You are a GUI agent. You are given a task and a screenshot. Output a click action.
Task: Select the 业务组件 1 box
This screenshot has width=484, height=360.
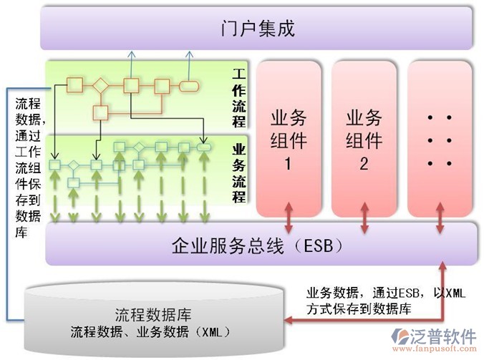289,138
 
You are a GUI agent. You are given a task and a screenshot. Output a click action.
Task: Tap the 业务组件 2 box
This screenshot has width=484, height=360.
364,138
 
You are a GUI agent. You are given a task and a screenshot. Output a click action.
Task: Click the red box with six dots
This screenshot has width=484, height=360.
439,138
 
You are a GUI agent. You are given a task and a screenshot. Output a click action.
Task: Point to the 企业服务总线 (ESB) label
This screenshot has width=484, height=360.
258,245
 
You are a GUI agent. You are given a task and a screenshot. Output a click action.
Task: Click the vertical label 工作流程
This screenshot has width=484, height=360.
238,97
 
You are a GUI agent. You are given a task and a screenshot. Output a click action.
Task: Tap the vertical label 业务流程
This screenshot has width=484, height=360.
238,172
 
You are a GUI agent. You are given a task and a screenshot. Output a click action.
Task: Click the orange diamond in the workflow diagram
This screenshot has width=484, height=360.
101,86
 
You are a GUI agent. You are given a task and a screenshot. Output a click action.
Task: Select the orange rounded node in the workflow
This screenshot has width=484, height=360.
189,86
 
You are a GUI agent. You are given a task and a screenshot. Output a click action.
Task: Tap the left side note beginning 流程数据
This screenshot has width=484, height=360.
28,165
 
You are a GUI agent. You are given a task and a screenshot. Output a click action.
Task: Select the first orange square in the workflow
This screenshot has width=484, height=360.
74,86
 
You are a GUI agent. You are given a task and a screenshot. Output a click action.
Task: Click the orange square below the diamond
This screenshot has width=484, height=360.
101,112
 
